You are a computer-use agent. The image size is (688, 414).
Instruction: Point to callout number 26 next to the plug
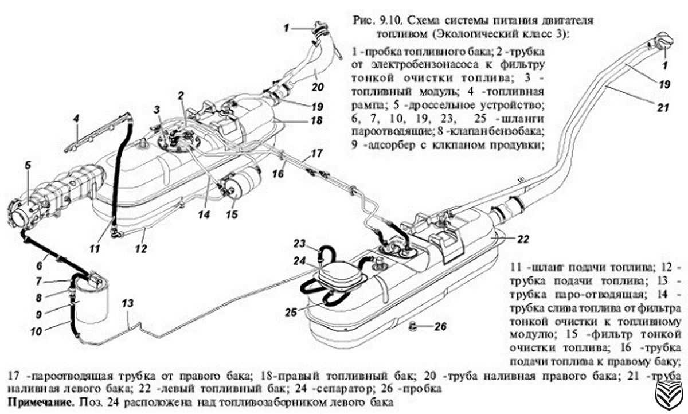tap(439, 329)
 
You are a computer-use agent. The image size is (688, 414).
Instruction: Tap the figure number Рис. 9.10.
tap(373, 21)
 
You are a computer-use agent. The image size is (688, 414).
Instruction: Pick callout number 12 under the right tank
tap(141, 249)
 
